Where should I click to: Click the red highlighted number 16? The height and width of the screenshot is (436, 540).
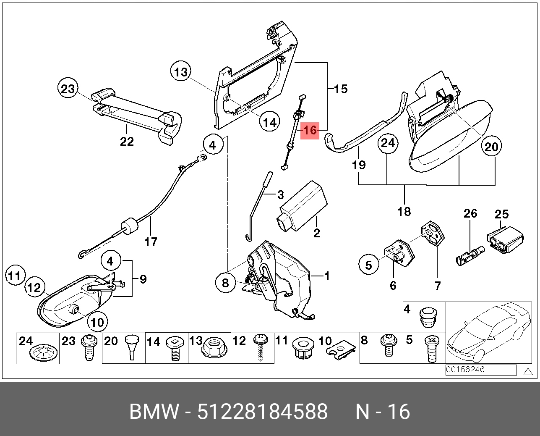coord(310,130)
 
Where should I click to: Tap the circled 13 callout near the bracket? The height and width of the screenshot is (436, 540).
coord(181,72)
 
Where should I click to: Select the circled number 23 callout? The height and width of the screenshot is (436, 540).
coord(68,89)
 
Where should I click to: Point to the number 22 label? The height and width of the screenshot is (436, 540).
coord(127,142)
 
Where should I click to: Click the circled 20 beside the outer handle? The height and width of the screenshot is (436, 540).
coord(491,146)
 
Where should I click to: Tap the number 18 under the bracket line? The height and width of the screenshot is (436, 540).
coord(404,211)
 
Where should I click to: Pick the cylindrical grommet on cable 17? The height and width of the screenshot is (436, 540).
coord(130,228)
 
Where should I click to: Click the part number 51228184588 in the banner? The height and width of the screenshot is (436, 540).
coord(263,412)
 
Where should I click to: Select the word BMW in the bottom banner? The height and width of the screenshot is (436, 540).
coord(154,412)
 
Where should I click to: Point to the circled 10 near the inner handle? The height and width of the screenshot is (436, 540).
coord(97,322)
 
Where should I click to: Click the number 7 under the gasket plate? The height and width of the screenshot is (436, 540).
coord(438,286)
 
